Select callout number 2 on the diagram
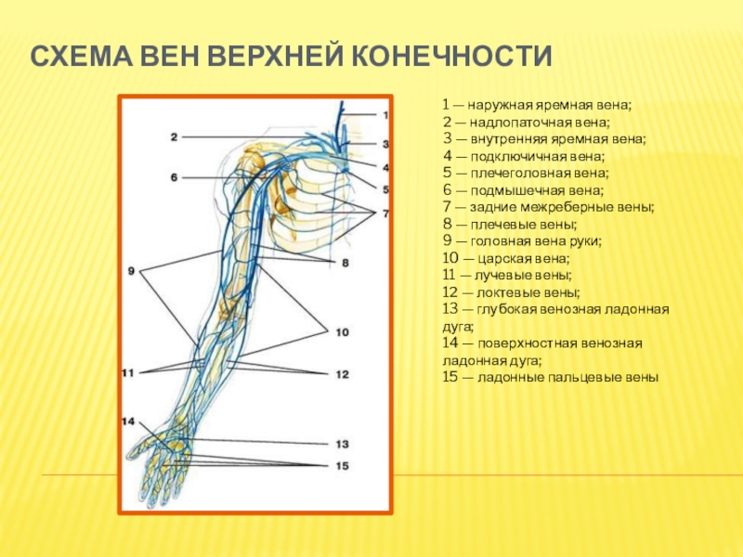[174, 137]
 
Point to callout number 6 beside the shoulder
[174, 176]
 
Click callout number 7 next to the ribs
[385, 214]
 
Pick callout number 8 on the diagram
[345, 263]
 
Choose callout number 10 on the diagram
[342, 331]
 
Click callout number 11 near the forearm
[128, 373]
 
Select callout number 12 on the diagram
[342, 374]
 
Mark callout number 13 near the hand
[342, 444]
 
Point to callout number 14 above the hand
[128, 421]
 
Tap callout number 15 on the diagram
[342, 465]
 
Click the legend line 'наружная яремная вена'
[536, 106]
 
